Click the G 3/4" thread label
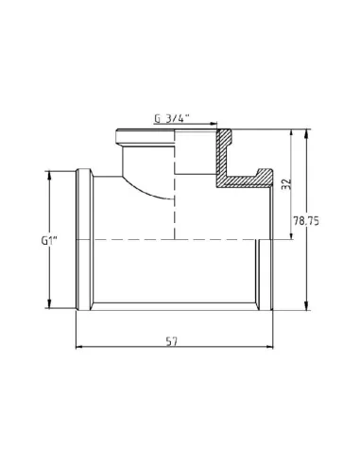[x=172, y=118]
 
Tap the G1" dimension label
[x=49, y=241]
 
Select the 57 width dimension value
[x=172, y=341]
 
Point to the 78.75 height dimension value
[x=306, y=221]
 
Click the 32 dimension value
[x=286, y=184]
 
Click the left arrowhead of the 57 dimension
[x=79, y=347]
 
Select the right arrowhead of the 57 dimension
[x=269, y=347]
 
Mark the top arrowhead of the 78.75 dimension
[x=306, y=133]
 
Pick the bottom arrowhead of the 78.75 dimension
[x=306, y=306]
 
